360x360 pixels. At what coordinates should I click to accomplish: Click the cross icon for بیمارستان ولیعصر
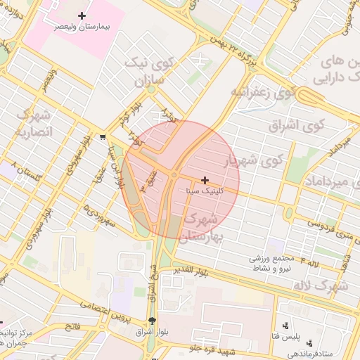click(82, 15)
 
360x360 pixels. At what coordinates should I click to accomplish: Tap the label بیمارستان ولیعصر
click(82, 26)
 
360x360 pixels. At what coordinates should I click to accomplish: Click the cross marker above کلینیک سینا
click(205, 180)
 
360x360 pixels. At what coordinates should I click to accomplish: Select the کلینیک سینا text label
click(205, 191)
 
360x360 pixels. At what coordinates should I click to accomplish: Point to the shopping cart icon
click(103, 137)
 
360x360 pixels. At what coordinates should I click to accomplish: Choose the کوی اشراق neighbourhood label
click(297, 125)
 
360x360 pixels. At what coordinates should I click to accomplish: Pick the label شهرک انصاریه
click(32, 122)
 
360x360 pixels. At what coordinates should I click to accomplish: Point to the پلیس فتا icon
click(285, 326)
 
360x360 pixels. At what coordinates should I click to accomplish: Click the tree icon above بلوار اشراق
click(153, 321)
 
